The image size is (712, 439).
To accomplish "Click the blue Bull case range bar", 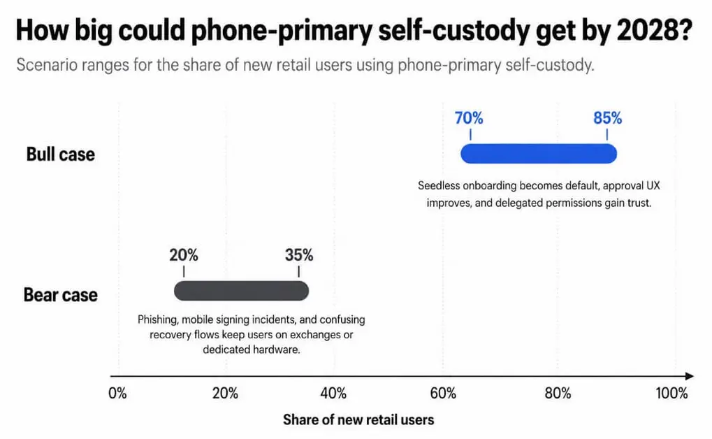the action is pyautogui.click(x=539, y=154).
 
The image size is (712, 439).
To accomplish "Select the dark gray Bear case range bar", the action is pyautogui.click(x=241, y=291).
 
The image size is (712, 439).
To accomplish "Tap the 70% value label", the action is pyautogui.click(x=469, y=118).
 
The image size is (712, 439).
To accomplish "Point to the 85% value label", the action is pyautogui.click(x=608, y=118).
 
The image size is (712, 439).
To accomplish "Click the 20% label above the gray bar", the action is pyautogui.click(x=184, y=255).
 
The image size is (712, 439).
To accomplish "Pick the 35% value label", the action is pyautogui.click(x=299, y=255).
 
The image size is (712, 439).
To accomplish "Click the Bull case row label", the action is pyautogui.click(x=60, y=154).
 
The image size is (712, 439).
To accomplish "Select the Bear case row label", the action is pyautogui.click(x=60, y=295).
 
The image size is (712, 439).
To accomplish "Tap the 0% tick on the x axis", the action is pyautogui.click(x=117, y=393).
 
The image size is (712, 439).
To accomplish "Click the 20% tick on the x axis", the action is pyautogui.click(x=225, y=393).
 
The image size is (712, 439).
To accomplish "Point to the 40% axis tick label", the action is pyautogui.click(x=333, y=393).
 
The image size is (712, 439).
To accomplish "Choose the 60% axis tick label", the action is pyautogui.click(x=443, y=393).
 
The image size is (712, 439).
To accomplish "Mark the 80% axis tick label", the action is pyautogui.click(x=558, y=393).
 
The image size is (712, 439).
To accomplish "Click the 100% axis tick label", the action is pyautogui.click(x=671, y=393).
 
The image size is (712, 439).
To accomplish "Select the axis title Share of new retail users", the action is pyautogui.click(x=358, y=419).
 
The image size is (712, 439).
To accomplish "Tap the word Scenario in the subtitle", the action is pyautogui.click(x=47, y=65).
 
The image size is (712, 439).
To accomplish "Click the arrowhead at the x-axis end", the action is pyautogui.click(x=690, y=376).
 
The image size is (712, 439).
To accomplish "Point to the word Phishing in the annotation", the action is pyautogui.click(x=158, y=320).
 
